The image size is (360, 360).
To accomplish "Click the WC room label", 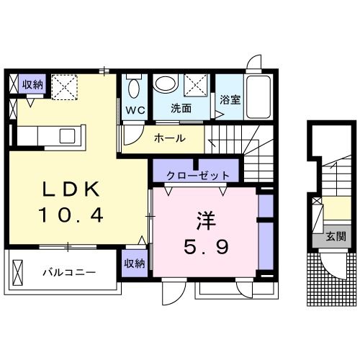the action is click(135, 110).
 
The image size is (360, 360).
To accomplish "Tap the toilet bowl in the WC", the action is click(134, 89).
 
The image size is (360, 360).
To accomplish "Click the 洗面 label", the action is click(181, 109).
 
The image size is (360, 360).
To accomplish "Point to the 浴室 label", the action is click(230, 100).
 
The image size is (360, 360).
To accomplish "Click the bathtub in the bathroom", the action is click(258, 96).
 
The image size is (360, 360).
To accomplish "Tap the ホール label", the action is click(170, 138).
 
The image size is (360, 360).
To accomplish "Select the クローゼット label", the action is click(198, 176).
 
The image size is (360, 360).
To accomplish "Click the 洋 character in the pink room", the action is click(206, 221).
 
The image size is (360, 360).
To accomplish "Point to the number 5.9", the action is click(206, 247).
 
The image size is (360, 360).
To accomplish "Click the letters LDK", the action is click(71, 189).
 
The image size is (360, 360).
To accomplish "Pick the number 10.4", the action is click(71, 215).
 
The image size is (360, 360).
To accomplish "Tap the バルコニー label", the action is click(69, 273).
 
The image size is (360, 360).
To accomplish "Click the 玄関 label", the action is click(336, 237).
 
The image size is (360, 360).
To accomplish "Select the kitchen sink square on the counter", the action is click(67, 136).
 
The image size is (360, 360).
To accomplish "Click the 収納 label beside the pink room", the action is click(135, 264).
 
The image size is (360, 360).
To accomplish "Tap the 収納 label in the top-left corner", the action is click(32, 84).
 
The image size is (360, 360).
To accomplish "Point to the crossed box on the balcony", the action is click(17, 273).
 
